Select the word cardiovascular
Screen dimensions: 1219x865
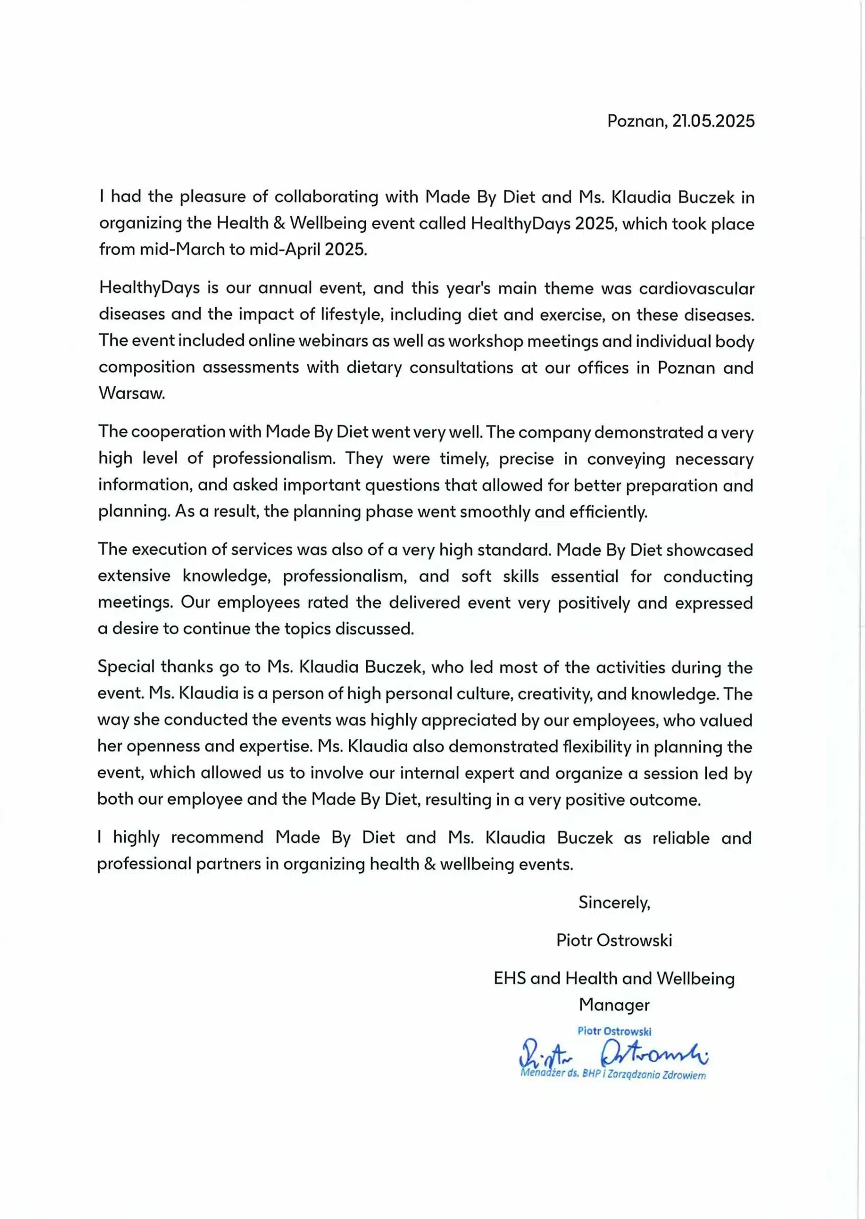click(696, 289)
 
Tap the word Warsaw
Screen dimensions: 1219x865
click(131, 393)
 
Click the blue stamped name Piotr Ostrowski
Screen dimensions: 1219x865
click(614, 1031)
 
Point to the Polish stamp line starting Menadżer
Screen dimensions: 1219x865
click(613, 1074)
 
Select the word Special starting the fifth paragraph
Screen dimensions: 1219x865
click(126, 667)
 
